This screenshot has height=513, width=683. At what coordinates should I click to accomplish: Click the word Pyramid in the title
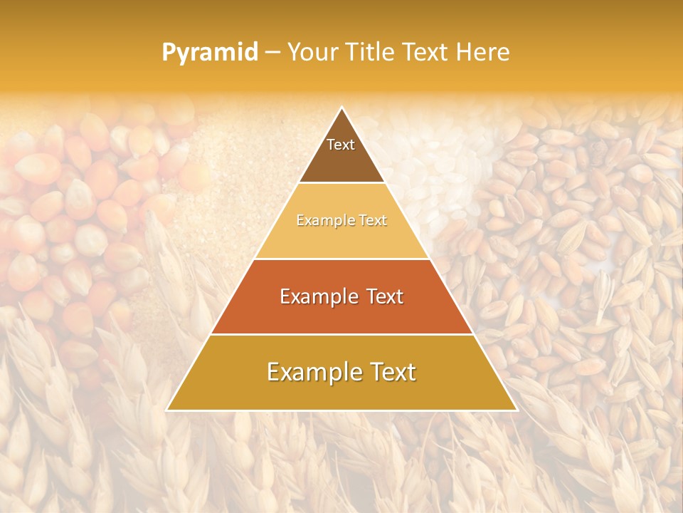[x=210, y=53]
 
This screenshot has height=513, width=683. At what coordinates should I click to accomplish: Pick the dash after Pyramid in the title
[x=272, y=53]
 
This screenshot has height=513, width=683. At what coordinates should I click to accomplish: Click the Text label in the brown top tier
[x=341, y=145]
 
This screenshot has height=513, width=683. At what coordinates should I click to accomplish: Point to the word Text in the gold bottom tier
[x=391, y=372]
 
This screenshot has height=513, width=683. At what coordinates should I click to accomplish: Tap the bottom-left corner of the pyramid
[x=167, y=410]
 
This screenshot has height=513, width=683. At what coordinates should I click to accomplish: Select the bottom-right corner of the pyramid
[x=517, y=410]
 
